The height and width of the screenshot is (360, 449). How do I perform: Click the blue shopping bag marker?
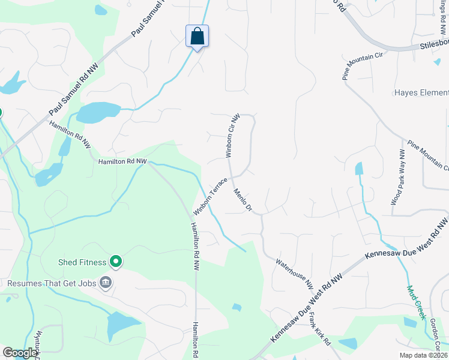[x=197, y=37]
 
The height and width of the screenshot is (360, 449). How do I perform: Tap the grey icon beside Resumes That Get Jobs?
[x=106, y=282]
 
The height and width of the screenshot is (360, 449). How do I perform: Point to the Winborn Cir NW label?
[x=233, y=136]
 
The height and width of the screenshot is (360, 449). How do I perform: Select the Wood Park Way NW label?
[x=399, y=178]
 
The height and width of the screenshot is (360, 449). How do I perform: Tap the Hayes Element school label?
[x=421, y=92]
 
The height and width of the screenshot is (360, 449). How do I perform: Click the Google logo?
[x=20, y=353]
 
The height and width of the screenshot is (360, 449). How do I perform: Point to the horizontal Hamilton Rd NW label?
[x=123, y=161]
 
